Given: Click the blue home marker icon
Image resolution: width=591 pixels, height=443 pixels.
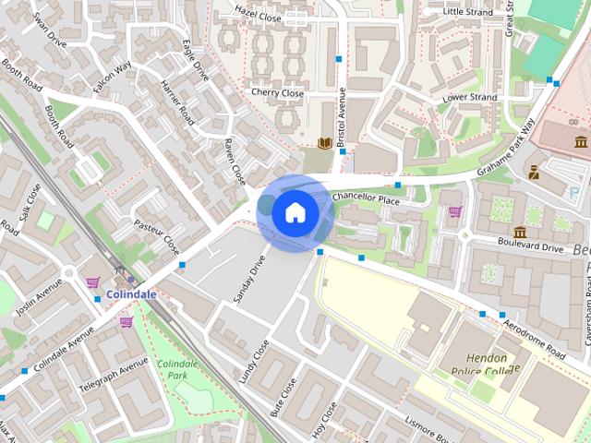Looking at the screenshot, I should (295, 212).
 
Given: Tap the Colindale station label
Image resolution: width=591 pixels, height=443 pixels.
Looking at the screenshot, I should (131, 294).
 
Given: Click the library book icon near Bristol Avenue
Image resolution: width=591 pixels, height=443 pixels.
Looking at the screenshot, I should (324, 143).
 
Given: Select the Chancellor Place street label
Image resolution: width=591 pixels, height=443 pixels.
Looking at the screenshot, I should (366, 198).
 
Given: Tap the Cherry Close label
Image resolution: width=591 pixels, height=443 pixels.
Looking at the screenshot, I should (277, 93).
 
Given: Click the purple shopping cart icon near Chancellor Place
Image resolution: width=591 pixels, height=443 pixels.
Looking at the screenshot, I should (454, 211).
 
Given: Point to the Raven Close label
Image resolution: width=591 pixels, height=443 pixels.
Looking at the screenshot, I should (234, 161).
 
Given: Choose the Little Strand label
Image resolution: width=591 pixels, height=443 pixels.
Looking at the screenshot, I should (468, 12).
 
